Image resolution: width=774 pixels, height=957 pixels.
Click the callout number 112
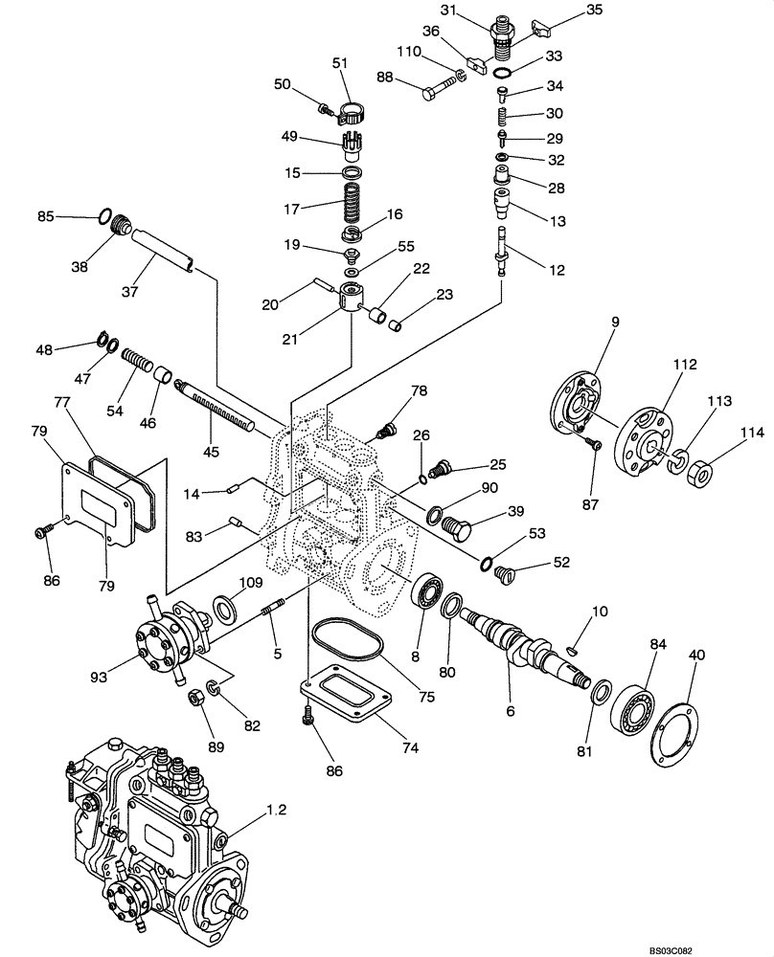click(685, 365)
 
